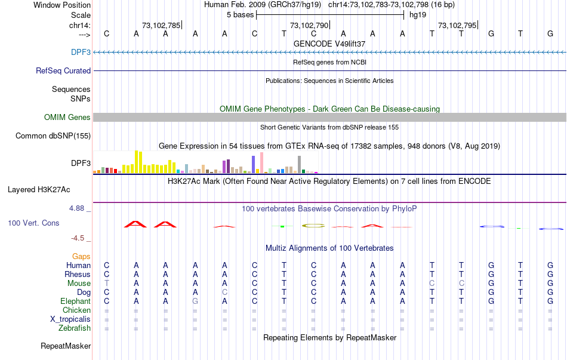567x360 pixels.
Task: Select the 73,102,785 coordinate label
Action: click(x=161, y=25)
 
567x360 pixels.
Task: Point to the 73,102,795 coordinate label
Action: click(x=457, y=25)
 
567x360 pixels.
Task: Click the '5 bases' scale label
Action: click(x=240, y=15)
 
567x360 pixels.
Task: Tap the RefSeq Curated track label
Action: click(x=63, y=70)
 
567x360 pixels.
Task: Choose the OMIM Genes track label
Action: click(x=67, y=117)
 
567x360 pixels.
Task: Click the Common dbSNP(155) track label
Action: click(x=53, y=136)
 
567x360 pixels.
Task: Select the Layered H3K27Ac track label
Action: click(x=39, y=190)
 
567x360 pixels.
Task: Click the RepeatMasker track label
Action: click(x=66, y=346)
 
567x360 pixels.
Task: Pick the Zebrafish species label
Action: click(x=75, y=328)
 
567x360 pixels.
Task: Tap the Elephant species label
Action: click(x=75, y=301)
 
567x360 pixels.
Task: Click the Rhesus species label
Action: click(x=78, y=274)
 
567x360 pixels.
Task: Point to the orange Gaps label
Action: click(x=81, y=256)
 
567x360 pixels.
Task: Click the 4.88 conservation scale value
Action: click(x=78, y=208)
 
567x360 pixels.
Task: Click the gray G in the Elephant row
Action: click(x=195, y=301)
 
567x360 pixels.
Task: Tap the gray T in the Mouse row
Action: click(x=107, y=283)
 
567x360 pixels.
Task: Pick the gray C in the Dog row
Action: click(x=224, y=292)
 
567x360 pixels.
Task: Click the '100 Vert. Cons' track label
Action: click(x=33, y=223)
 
